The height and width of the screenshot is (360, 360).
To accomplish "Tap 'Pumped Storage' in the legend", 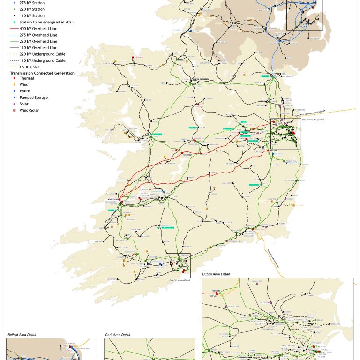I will [33, 97].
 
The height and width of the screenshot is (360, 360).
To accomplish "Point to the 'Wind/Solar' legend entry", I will [30, 110].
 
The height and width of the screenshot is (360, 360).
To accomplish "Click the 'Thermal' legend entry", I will [27, 78].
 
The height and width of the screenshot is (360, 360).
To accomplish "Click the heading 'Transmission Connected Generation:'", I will [43, 73].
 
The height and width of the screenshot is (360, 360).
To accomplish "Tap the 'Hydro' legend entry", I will [25, 91].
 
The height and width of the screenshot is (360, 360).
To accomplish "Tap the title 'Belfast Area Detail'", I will [22, 335].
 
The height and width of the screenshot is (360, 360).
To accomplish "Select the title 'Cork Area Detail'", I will [118, 335].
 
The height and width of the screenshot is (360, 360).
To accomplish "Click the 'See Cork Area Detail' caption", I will [180, 280].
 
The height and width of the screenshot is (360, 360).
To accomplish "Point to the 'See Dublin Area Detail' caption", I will [313, 120].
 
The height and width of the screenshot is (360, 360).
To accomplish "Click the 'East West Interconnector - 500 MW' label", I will [310, 112].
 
